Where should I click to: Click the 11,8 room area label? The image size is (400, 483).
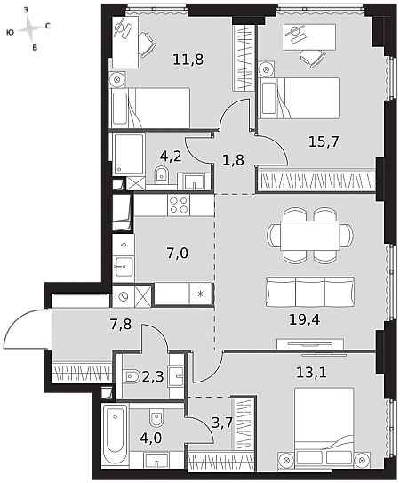click(188, 59)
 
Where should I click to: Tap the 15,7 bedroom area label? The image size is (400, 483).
click(324, 141)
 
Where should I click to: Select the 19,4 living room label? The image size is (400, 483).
click(305, 319)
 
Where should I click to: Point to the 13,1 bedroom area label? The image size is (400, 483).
click(311, 373)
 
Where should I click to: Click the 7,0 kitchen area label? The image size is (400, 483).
click(178, 254)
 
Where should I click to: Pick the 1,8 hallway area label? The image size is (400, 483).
click(233, 160)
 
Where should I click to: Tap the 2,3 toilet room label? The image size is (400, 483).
click(153, 376)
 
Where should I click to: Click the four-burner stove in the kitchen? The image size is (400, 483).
click(179, 205)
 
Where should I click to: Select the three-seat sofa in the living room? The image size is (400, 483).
click(309, 292)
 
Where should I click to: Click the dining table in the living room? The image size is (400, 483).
click(309, 236)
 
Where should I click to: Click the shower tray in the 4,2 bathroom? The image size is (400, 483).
click(129, 154)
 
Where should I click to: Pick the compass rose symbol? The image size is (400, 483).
click(29, 28)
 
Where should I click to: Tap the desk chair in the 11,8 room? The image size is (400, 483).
click(147, 44)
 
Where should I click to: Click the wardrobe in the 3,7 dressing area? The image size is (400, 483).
click(244, 424)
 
